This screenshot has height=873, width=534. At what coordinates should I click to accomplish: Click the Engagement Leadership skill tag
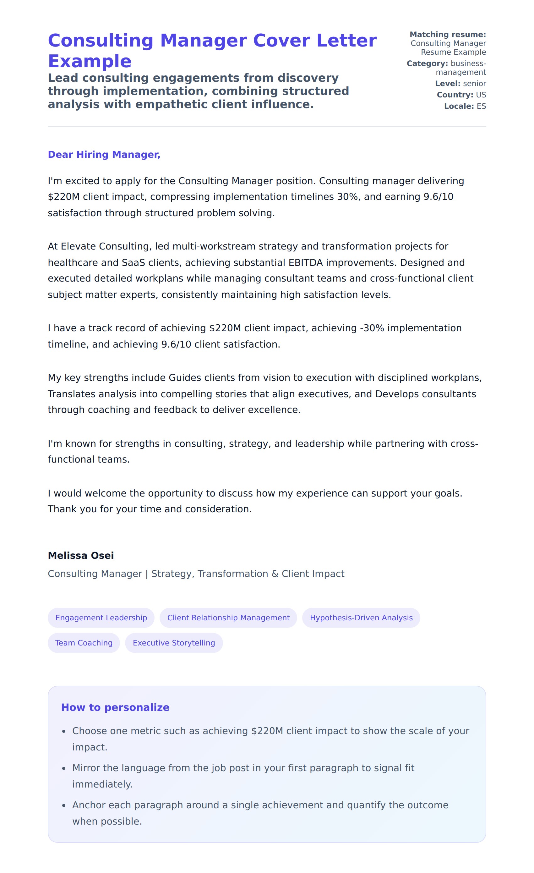(x=101, y=618)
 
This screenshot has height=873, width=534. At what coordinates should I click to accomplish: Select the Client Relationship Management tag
(x=228, y=618)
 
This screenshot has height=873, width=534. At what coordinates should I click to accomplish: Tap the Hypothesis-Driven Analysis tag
(x=361, y=618)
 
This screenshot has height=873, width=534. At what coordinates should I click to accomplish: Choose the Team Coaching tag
(x=84, y=643)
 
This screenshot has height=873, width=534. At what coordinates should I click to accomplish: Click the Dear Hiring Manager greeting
(x=104, y=155)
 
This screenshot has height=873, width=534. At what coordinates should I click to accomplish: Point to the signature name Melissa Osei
(x=81, y=555)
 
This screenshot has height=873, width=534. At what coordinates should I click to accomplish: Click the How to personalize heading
(x=115, y=707)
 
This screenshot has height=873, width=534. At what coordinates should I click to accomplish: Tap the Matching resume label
(x=448, y=34)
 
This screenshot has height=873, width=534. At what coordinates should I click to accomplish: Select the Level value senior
(x=475, y=84)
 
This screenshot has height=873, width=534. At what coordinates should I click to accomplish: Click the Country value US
(x=481, y=95)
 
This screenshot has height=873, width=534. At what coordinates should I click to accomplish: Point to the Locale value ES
(x=481, y=106)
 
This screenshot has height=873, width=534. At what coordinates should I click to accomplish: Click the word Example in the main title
(x=90, y=61)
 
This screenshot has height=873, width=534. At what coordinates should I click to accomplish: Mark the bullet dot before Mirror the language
(x=64, y=768)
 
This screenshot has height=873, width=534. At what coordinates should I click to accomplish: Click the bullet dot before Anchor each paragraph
(x=64, y=806)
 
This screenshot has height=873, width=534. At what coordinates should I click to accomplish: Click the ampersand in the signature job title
(x=275, y=574)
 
